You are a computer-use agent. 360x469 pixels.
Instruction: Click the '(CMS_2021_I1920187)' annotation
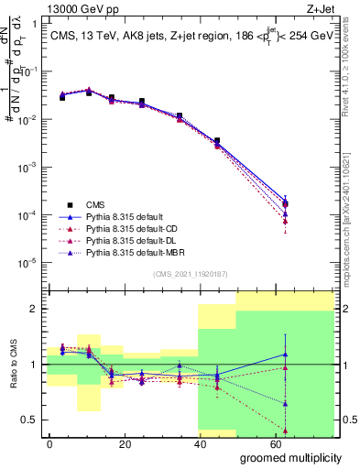pyautogui.click(x=190, y=274)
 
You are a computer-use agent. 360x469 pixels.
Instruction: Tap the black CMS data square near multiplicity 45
pyautogui.click(x=216, y=141)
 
